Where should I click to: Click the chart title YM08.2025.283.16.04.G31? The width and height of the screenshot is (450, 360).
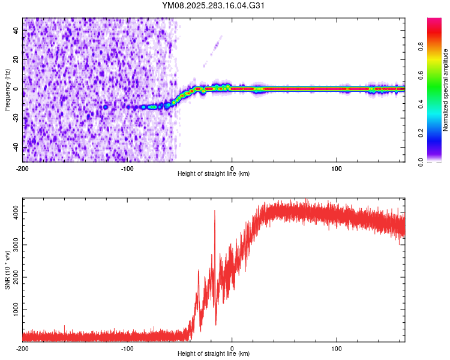click(214, 5)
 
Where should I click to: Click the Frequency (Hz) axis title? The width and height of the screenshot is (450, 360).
click(7, 90)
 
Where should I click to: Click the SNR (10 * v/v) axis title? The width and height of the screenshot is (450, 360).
click(7, 271)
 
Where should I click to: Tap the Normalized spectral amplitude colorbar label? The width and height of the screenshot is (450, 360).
click(445, 90)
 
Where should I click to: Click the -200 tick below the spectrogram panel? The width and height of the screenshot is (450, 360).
click(23, 167)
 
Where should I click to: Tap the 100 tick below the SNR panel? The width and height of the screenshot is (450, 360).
click(337, 348)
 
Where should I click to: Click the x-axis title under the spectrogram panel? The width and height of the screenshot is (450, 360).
click(214, 174)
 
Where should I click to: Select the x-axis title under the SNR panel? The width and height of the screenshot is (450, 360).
click(214, 354)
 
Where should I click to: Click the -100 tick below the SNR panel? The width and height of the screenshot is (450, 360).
click(127, 348)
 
